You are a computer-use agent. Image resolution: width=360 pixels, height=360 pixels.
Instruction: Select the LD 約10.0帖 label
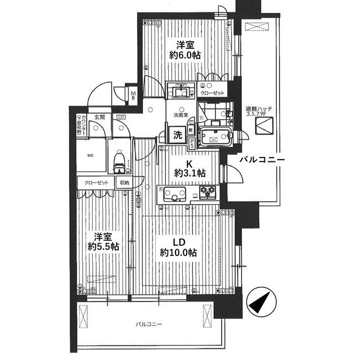(x=177, y=247)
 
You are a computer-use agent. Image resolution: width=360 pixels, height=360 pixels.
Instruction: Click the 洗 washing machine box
(x=177, y=135)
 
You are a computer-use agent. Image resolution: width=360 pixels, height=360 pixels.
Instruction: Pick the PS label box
(x=192, y=144)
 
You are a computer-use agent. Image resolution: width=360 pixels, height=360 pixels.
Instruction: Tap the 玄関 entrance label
(x=100, y=117)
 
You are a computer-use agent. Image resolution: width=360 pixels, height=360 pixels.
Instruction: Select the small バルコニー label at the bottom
(x=149, y=325)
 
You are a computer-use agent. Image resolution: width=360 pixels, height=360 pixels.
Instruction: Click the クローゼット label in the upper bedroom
(x=213, y=92)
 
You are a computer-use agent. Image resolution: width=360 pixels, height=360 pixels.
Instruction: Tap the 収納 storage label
(x=124, y=183)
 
